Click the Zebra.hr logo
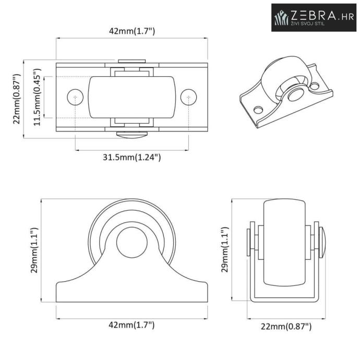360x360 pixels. pos(314,17)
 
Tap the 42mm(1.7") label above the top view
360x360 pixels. pos(132,31)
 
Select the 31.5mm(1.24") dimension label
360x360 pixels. pos(132,157)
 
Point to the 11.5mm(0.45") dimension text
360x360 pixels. pos(37,97)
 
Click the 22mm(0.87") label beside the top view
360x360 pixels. pos(17,99)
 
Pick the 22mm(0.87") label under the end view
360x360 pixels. pos(286,326)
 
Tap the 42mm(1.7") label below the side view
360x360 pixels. pos(131,325)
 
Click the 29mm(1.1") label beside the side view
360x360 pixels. pos(34,250)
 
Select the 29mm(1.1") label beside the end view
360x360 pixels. pos(225,249)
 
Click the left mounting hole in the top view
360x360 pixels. pos(75,97)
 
